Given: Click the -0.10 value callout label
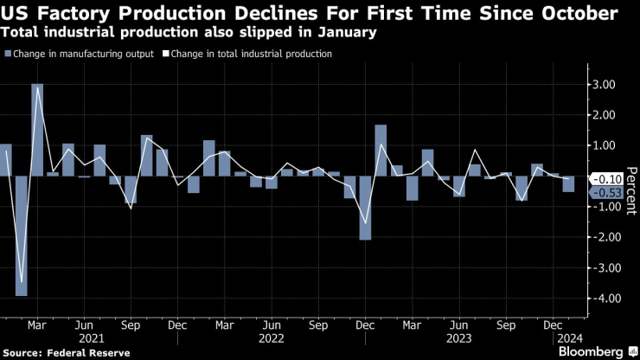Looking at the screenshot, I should [x=604, y=178].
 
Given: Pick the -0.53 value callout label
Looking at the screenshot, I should [x=604, y=192].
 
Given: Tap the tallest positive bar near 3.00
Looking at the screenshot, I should [x=37, y=130].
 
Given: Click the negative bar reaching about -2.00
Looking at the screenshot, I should [x=365, y=208].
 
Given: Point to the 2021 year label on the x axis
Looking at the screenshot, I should [x=92, y=338].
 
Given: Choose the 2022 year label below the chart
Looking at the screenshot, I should [x=272, y=338].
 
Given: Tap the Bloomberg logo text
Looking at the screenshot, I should [x=592, y=352].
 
